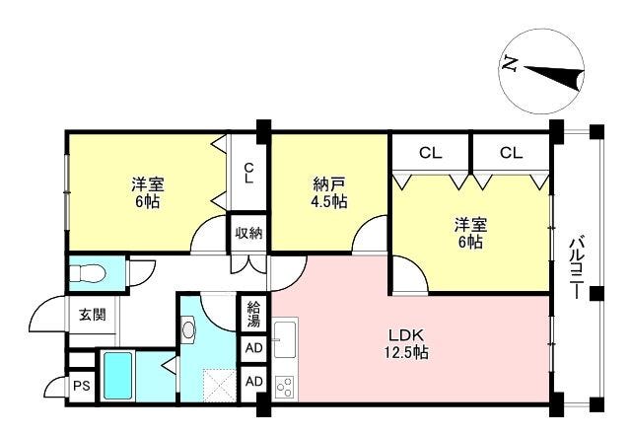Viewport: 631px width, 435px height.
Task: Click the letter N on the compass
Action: [510, 64]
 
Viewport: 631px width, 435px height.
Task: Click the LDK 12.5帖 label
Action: [405, 343]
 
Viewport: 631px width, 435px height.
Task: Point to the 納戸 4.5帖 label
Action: [329, 192]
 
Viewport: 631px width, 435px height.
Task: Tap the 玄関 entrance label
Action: [93, 314]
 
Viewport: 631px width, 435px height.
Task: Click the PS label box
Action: [81, 386]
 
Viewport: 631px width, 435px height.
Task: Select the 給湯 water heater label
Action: [254, 314]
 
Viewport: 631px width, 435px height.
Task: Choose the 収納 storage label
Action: [248, 233]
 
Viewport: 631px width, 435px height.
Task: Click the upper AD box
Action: [254, 347]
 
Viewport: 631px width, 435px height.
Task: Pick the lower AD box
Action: [254, 381]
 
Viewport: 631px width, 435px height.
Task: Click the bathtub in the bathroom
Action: [117, 376]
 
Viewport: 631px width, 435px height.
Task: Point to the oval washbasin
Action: [188, 329]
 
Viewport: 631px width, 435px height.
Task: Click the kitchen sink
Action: [285, 340]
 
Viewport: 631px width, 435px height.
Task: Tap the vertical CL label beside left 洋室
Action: [249, 173]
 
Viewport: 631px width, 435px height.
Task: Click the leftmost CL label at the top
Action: [430, 153]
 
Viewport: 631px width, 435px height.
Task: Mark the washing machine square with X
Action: [219, 385]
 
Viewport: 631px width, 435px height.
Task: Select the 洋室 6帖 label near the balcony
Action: [470, 233]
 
